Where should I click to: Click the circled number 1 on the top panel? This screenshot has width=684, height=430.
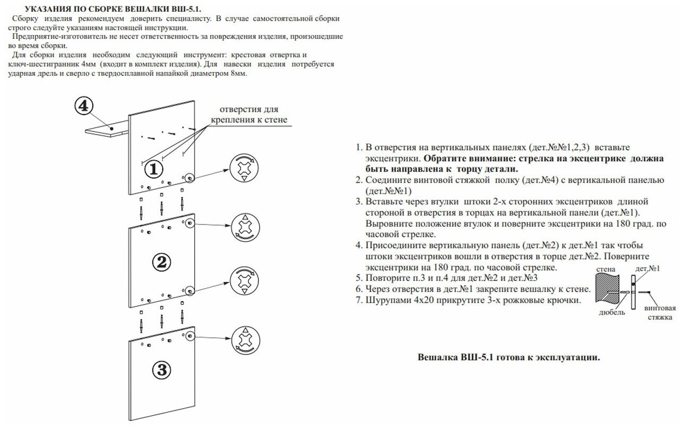[154, 169]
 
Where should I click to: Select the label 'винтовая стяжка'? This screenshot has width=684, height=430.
[659, 312]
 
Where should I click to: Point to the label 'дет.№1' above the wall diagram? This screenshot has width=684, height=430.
[648, 268]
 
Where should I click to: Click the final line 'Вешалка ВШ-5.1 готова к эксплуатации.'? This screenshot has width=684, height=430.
[509, 357]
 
